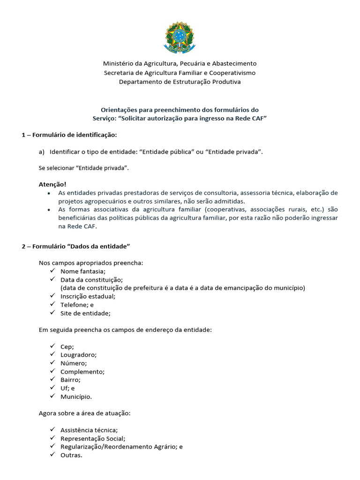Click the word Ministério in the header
[x=119, y=63]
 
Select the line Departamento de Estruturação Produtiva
[x=180, y=82]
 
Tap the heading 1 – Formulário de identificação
[x=69, y=135]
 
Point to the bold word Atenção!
[x=52, y=184]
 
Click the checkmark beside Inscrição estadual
[x=52, y=296]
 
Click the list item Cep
[x=67, y=346]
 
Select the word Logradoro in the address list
[x=78, y=355]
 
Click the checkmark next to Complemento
[x=52, y=371]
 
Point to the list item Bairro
[x=70, y=380]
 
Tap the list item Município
[x=76, y=397]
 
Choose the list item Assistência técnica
[x=89, y=430]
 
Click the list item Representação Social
[x=93, y=438]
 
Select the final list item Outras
[x=71, y=455]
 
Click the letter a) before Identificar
[x=41, y=151]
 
